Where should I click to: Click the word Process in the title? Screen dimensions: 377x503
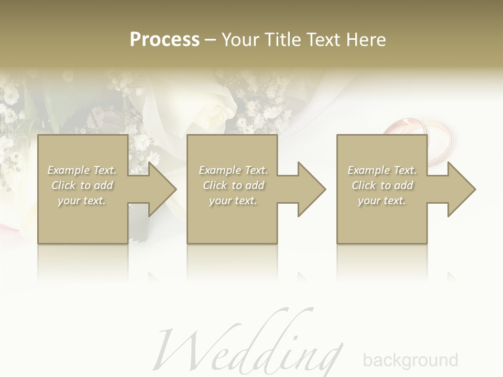point(165,40)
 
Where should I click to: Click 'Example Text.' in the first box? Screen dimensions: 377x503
point(82,170)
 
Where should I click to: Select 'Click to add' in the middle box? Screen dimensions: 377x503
point(233,185)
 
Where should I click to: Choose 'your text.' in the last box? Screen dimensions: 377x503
point(382,201)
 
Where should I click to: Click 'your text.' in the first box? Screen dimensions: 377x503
point(82,201)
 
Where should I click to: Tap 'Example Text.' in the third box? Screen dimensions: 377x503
point(382,170)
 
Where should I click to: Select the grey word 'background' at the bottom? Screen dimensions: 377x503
point(410,360)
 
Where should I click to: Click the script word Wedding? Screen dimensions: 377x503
point(251,348)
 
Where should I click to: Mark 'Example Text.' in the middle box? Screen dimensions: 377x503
point(233,170)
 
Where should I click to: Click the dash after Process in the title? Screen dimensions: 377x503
point(210,40)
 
